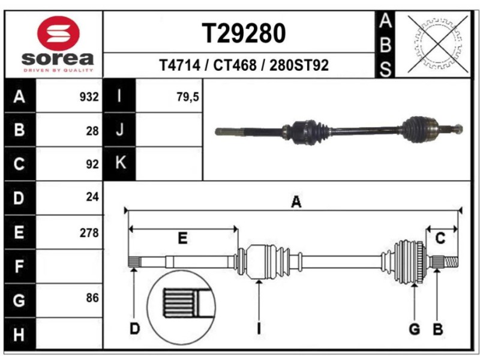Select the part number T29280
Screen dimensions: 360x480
243,34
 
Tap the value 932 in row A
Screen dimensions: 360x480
89,97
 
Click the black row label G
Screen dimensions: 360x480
19,300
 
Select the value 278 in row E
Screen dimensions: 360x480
89,233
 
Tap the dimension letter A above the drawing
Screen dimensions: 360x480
296,203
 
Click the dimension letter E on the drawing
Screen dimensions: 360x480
182,239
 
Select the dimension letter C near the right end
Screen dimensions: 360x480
440,239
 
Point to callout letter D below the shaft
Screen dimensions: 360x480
135,329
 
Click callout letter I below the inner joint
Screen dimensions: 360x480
259,329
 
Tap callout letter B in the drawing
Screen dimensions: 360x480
438,329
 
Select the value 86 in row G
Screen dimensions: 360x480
92,298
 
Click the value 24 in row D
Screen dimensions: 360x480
92,196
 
